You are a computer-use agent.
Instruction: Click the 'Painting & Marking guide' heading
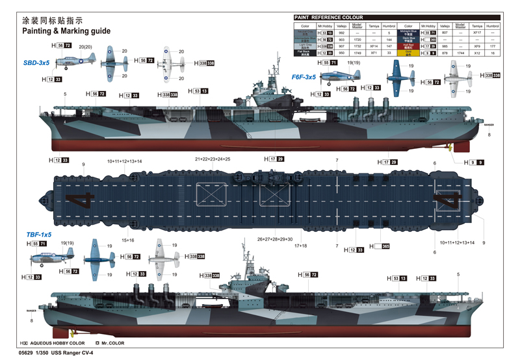coord(66,31)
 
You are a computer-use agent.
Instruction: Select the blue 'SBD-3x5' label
coord(36,63)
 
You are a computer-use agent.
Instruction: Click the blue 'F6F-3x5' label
coord(303,77)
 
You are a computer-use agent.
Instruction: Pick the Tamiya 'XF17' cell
coord(477,32)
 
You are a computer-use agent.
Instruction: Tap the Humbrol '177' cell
coord(493,46)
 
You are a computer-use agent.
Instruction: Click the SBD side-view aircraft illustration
coord(75,63)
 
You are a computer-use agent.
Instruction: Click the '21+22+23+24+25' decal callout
coord(213,159)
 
